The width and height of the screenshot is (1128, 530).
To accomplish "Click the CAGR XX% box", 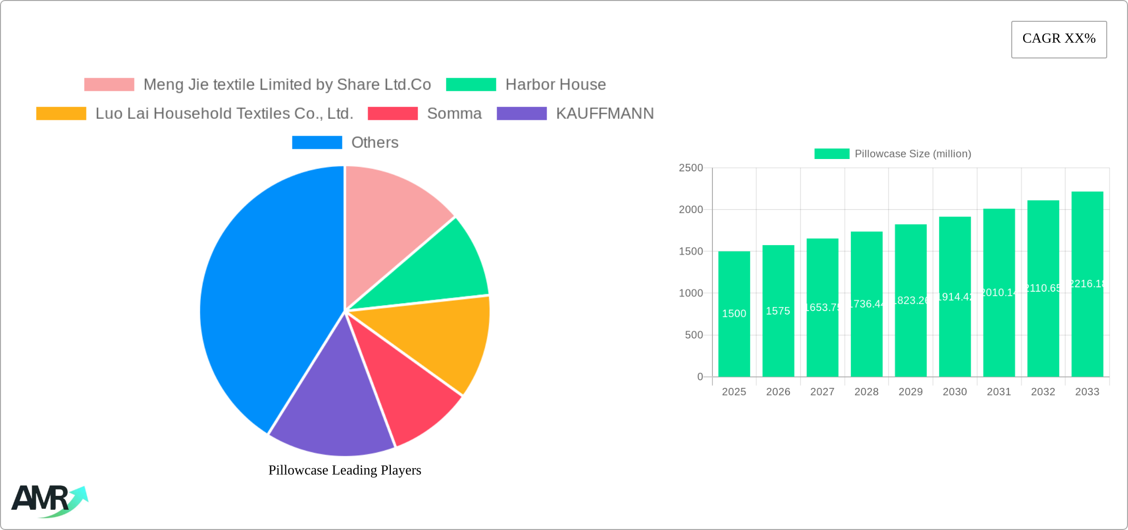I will (1059, 39).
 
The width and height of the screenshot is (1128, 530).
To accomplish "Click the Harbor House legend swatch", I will (470, 85).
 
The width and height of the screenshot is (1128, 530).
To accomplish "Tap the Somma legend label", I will (454, 113).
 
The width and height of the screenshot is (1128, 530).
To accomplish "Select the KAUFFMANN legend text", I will (605, 113).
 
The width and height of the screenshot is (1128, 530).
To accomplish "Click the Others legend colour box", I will (317, 143).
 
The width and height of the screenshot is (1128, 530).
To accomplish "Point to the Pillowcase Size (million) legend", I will (893, 154).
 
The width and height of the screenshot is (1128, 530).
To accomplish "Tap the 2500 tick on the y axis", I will (691, 168).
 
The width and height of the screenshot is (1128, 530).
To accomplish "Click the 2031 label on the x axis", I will (998, 392).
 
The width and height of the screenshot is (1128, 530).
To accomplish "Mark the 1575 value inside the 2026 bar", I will (778, 311).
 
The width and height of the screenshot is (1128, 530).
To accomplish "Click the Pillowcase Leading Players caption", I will (345, 470).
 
